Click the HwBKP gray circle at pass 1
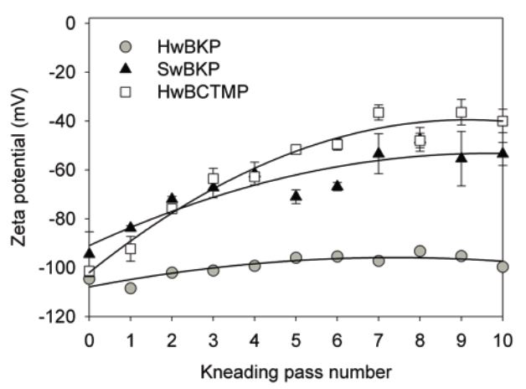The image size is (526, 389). point(131,288)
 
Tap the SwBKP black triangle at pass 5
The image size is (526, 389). point(296,196)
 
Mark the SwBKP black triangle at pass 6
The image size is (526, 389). point(337,185)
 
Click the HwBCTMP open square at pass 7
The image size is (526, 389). point(379,112)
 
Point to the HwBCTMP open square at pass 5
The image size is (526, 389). point(296,149)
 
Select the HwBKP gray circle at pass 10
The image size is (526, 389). point(503,267)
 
